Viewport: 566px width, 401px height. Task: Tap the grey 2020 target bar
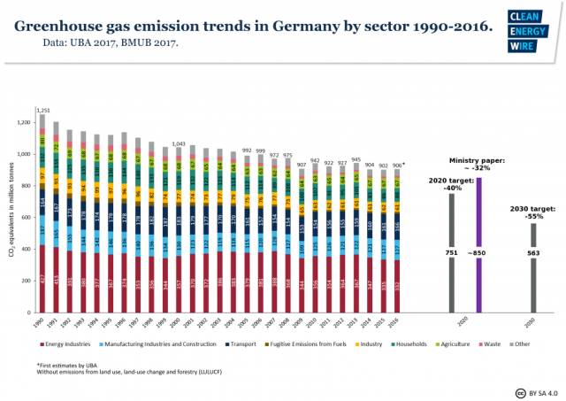[452, 251]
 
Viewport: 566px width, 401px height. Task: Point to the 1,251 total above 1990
[41, 108]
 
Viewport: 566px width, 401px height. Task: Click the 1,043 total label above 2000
[179, 143]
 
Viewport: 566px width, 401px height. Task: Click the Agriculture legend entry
[456, 343]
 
